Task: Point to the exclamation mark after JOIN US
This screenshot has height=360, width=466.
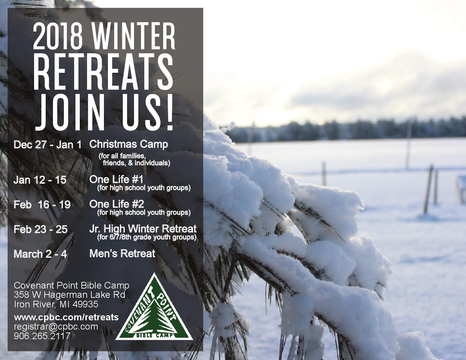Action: click(x=170, y=112)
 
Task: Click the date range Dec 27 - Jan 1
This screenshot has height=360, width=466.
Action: click(x=47, y=145)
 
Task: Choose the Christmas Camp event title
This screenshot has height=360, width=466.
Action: click(x=128, y=145)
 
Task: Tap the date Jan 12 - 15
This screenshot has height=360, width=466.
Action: click(x=40, y=180)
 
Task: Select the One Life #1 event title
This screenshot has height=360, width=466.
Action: click(x=116, y=179)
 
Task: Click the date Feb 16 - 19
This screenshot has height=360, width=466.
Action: click(x=42, y=204)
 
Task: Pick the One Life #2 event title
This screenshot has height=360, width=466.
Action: click(x=117, y=204)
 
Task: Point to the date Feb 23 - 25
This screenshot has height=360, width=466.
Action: click(x=40, y=229)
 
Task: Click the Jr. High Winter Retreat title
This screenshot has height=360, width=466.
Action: click(x=143, y=229)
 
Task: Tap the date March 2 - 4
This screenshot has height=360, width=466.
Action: click(x=40, y=254)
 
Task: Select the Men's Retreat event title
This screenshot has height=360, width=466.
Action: click(x=122, y=253)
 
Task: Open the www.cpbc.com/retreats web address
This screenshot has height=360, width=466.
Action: click(x=66, y=317)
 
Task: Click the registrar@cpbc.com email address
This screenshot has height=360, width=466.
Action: click(x=56, y=327)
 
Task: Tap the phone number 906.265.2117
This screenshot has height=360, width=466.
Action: click(x=42, y=336)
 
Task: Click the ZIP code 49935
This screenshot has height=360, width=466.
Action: click(x=85, y=304)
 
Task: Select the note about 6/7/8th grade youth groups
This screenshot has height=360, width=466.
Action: click(x=147, y=237)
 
